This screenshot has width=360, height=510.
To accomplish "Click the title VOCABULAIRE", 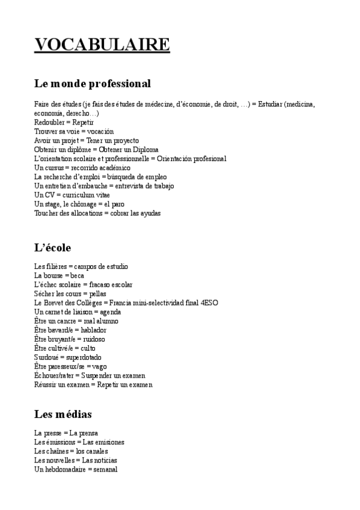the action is (x=102, y=45).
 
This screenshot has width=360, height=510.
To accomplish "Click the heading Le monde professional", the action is (x=93, y=83).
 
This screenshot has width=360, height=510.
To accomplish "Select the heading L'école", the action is (x=53, y=248).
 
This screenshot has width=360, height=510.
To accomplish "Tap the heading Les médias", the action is (x=63, y=414).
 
